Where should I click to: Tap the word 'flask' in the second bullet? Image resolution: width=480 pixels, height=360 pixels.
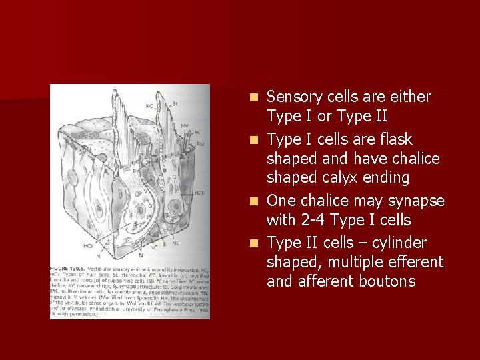click(x=395, y=139)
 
